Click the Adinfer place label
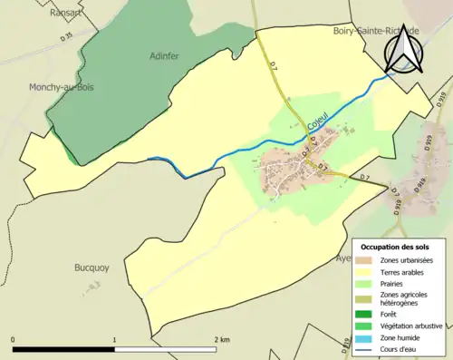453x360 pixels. (166, 55)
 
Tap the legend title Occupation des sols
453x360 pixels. (396, 247)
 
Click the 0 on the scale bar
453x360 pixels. (13, 340)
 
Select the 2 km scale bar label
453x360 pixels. (221, 340)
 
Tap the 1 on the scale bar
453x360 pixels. (114, 340)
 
